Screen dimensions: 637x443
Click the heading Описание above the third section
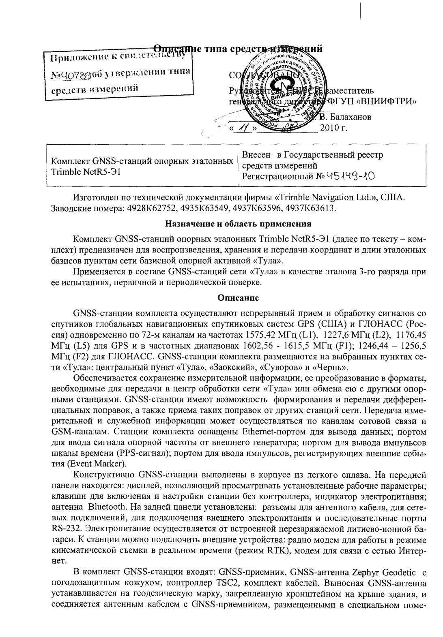coord(238,298)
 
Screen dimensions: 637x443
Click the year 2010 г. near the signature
coord(334,128)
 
